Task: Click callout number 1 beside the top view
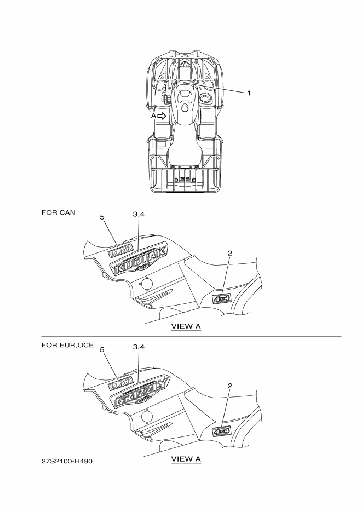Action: (249, 93)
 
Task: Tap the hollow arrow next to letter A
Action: (162, 116)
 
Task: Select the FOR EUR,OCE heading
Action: (67, 346)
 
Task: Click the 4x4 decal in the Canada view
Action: (222, 298)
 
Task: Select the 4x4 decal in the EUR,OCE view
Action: (222, 431)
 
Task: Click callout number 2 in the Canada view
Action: (230, 253)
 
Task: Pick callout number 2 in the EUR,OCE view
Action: (230, 386)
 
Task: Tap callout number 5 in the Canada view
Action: (102, 217)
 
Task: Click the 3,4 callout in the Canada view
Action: (139, 214)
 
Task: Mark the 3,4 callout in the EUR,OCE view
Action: (139, 347)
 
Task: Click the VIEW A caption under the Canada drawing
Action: (186, 326)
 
